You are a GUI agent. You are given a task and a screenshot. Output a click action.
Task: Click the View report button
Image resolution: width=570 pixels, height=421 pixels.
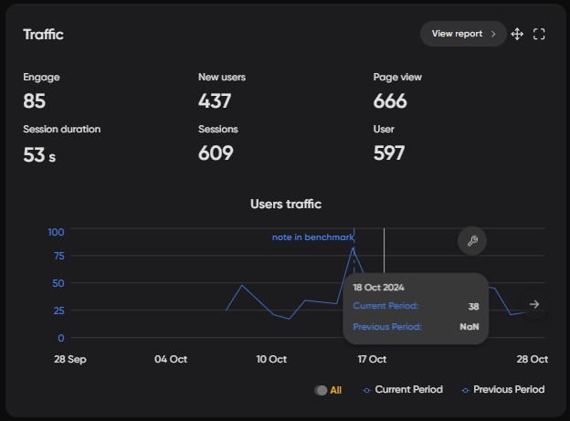(462, 34)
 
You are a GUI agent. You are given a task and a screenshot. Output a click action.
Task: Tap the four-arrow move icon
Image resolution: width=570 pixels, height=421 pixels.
(517, 34)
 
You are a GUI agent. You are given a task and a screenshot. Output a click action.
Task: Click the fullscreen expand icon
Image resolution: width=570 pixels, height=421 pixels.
(539, 34)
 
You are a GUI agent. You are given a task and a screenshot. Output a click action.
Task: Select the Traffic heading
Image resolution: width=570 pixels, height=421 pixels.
(43, 35)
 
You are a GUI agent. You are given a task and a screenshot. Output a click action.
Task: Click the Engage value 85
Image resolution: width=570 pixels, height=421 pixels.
(35, 100)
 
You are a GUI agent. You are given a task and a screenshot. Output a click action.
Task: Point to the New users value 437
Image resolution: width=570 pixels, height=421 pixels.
(215, 100)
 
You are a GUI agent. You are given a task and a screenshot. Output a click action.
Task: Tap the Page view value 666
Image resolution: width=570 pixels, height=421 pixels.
(390, 100)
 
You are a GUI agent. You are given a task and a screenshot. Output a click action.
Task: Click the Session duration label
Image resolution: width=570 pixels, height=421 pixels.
(62, 130)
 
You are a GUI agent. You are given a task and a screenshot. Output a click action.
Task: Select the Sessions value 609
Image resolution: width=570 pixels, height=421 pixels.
(216, 153)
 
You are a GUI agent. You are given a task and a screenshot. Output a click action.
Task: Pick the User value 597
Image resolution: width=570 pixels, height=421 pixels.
(389, 153)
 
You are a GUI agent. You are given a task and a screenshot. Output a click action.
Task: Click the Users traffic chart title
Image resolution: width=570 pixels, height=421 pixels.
(286, 204)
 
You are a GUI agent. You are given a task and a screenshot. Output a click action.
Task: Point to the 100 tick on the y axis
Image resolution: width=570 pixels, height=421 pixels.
(56, 231)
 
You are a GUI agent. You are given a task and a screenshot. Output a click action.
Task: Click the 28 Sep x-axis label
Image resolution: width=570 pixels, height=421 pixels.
(70, 359)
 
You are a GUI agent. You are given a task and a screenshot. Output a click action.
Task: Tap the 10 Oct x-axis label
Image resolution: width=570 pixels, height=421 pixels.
(271, 359)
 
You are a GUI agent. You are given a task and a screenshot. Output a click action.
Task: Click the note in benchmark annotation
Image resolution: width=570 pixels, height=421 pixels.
(312, 237)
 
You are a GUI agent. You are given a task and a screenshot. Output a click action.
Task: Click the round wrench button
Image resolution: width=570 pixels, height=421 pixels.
(472, 241)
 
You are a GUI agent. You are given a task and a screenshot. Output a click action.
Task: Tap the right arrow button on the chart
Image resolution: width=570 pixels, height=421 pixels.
(534, 304)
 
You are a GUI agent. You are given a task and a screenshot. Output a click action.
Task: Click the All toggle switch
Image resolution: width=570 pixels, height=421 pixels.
(321, 390)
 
